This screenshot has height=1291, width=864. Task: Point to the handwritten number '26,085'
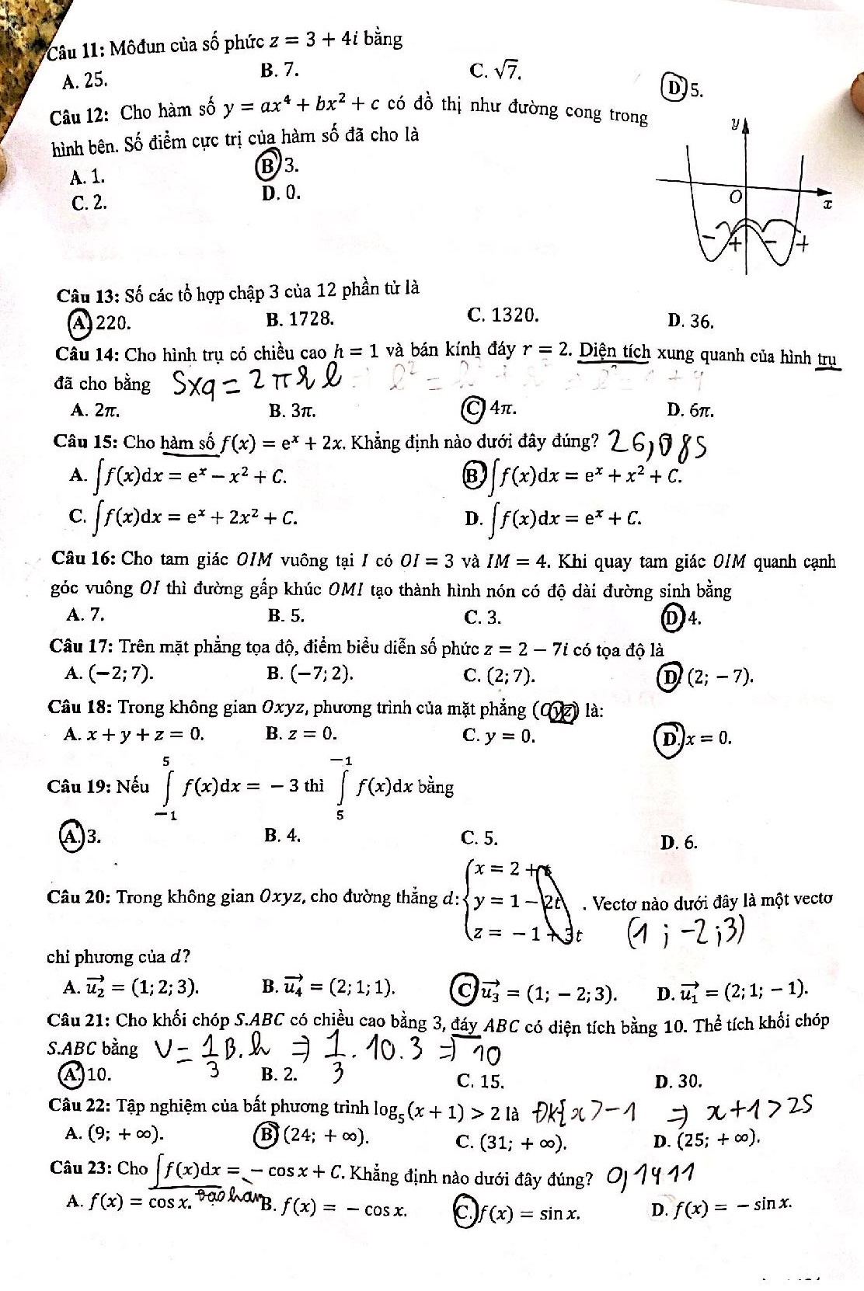pos(657,443)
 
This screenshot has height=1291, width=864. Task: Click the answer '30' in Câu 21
pos(679,1080)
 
